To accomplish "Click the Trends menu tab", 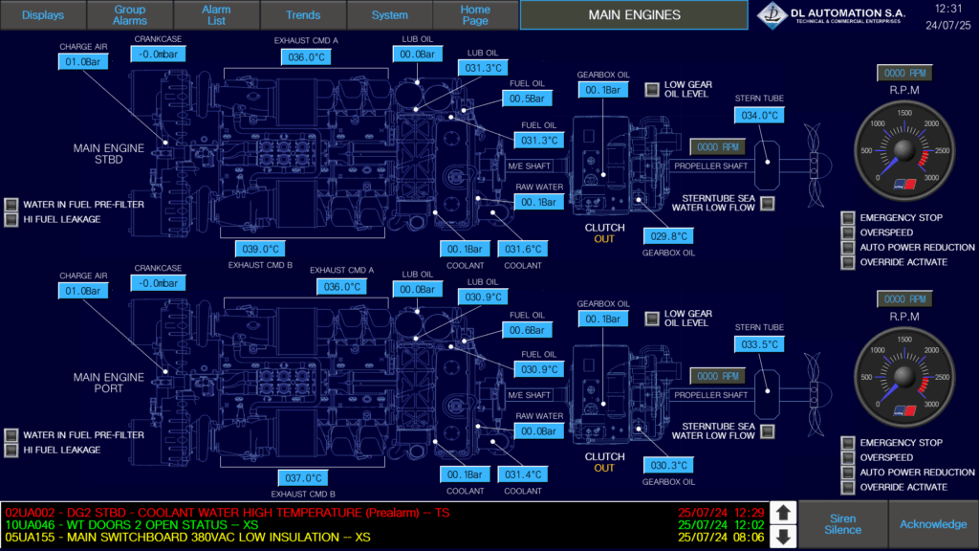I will click(x=303, y=15).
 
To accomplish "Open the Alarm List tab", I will click(x=216, y=15).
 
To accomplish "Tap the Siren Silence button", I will click(x=842, y=523).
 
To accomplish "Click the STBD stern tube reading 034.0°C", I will click(x=759, y=116).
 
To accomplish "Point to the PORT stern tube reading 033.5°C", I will click(x=759, y=344).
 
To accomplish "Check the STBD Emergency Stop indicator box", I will click(x=848, y=218).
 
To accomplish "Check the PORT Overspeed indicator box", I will click(x=848, y=458).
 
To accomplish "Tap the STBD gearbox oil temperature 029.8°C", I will click(x=669, y=236).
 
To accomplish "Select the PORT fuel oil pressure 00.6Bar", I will click(x=526, y=330).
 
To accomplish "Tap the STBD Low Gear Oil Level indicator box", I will click(x=652, y=89).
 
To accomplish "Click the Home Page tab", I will click(x=475, y=15).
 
